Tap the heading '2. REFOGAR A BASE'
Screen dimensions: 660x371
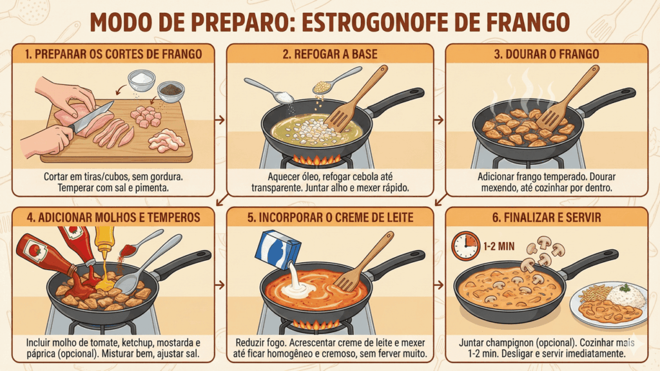pos(330,54)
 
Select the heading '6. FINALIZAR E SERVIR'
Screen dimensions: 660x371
pos(547,218)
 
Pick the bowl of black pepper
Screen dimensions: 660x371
pos(170,91)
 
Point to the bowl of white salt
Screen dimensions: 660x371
pos(142,80)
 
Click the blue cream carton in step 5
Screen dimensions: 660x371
pos(278,250)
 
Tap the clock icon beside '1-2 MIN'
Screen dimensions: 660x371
pos(465,245)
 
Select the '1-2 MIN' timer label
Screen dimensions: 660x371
pos(500,246)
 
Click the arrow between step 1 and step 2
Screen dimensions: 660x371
pos(220,120)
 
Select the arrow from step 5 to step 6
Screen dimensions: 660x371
pos(438,285)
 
